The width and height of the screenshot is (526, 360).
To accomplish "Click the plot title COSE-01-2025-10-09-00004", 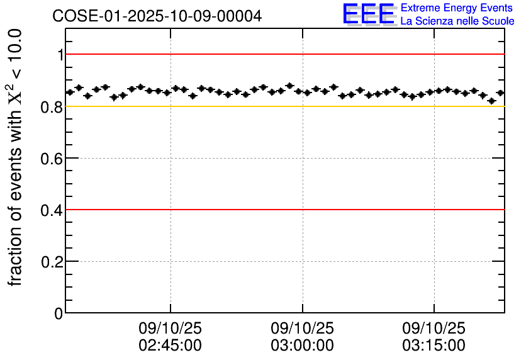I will (x=157, y=16).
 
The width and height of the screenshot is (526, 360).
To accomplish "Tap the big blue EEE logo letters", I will (x=369, y=14).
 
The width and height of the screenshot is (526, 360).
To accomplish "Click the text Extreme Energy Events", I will (x=457, y=8).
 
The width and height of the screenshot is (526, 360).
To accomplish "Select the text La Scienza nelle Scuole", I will (x=457, y=21).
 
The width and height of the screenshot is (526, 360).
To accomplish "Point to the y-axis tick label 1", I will (x=60, y=55).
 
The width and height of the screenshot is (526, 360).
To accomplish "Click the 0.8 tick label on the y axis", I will (x=53, y=107).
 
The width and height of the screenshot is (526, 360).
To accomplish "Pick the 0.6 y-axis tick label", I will (x=53, y=159).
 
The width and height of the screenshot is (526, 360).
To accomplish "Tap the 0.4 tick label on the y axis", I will (x=53, y=210).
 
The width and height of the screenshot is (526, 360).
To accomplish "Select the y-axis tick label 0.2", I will (x=53, y=262).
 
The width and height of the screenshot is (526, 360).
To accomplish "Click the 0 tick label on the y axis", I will (x=59, y=313).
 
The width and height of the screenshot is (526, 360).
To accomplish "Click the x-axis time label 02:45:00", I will (x=170, y=346).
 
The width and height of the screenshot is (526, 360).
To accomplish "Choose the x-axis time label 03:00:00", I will (x=302, y=346).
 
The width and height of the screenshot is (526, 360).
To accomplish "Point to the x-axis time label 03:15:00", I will (x=434, y=346).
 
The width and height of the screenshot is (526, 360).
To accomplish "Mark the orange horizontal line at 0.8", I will (x=283, y=106).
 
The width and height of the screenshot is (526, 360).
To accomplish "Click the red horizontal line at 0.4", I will (x=283, y=210).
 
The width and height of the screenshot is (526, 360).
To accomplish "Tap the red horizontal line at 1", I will (x=283, y=55).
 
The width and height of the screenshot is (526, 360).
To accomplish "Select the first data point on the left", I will (x=70, y=92).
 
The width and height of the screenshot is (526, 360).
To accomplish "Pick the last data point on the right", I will (x=500, y=93).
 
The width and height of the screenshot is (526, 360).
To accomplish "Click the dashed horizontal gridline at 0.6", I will (x=252, y=158).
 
